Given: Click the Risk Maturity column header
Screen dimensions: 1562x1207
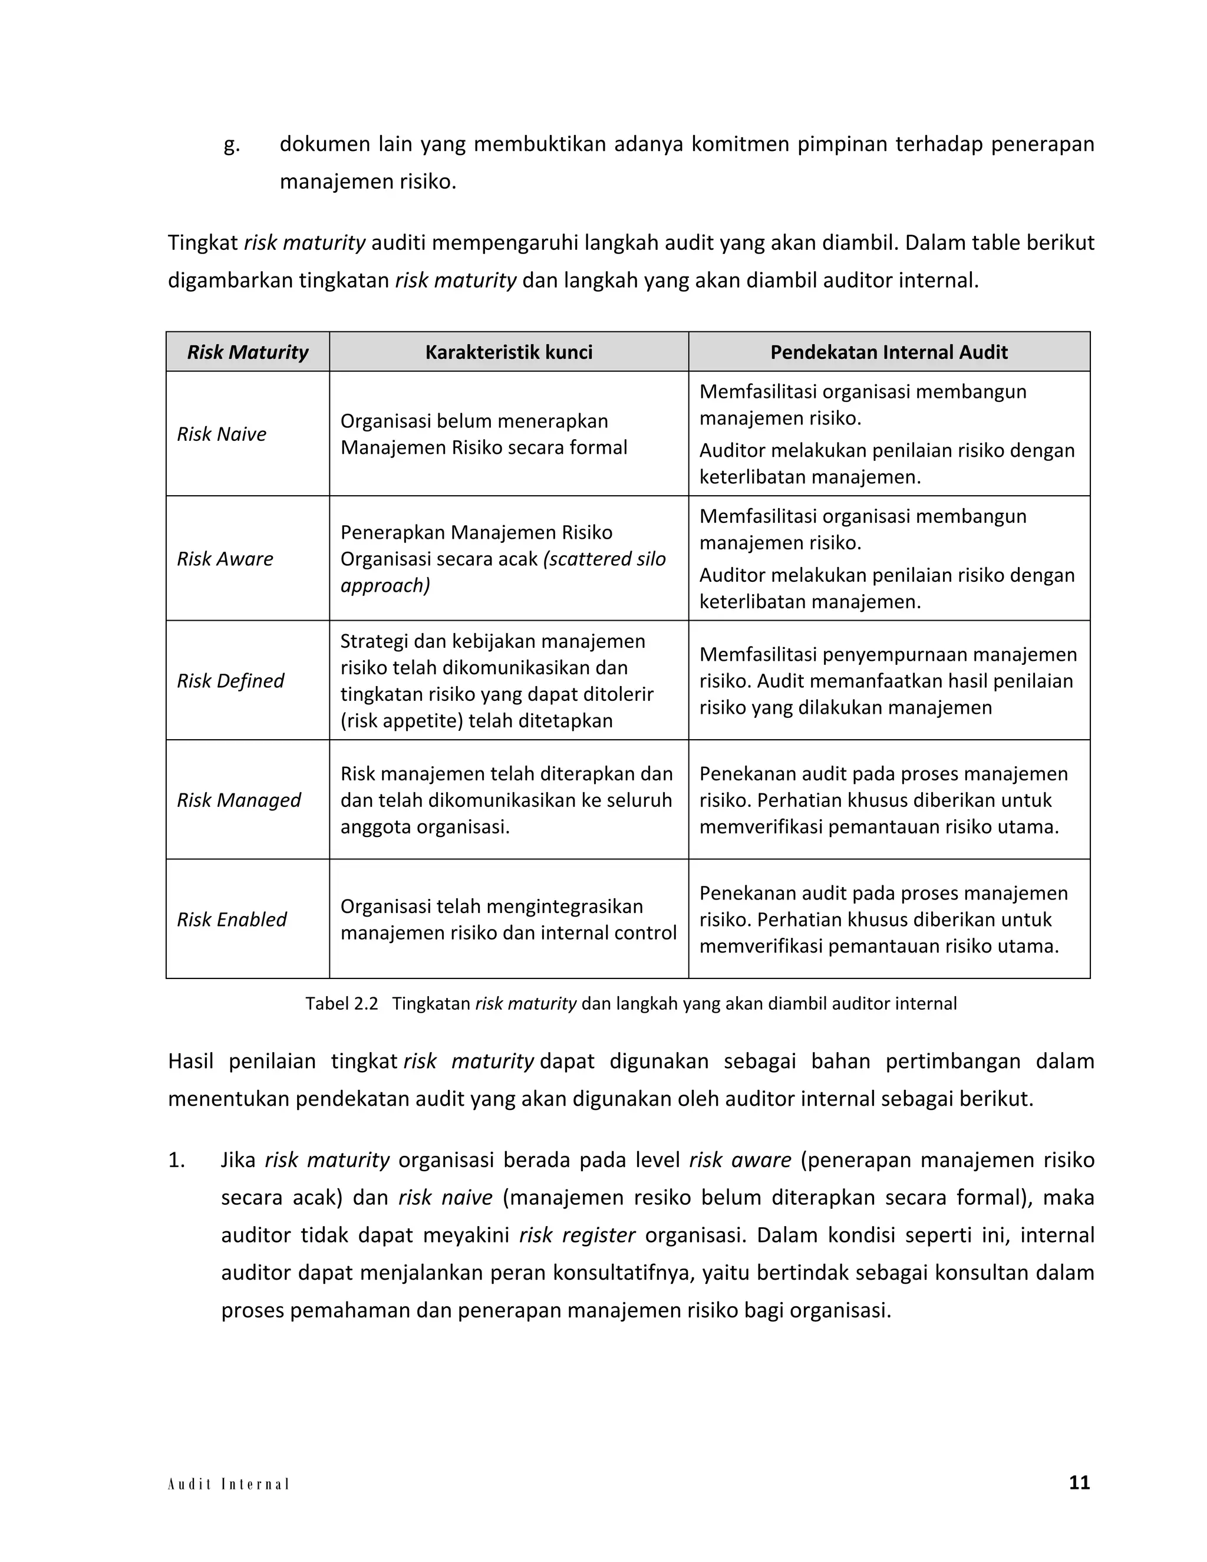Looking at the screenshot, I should pyautogui.click(x=248, y=352).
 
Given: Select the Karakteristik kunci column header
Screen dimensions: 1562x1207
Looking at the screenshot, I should pyautogui.click(x=509, y=352).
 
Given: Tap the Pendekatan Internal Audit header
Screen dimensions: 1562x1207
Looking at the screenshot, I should pyautogui.click(x=889, y=352).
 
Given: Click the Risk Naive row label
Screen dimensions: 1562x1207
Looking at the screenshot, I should pyautogui.click(x=222, y=434).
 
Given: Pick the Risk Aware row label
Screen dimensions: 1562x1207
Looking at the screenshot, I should pyautogui.click(x=225, y=559).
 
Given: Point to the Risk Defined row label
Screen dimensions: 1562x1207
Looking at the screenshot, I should pyautogui.click(x=230, y=681).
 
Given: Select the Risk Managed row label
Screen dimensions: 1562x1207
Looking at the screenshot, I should pyautogui.click(x=239, y=800).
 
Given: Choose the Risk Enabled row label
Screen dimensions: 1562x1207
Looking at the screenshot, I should pyautogui.click(x=232, y=919).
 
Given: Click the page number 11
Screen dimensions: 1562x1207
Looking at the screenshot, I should pyautogui.click(x=1079, y=1482).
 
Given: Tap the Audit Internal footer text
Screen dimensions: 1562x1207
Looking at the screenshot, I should pyautogui.click(x=228, y=1484).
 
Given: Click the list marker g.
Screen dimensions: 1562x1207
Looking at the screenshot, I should pyautogui.click(x=232, y=145).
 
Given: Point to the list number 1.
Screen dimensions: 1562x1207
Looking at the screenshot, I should pyautogui.click(x=177, y=1160).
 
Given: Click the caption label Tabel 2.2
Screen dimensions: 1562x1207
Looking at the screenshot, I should pyautogui.click(x=341, y=1003).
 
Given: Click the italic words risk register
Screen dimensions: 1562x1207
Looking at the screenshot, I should pyautogui.click(x=577, y=1235).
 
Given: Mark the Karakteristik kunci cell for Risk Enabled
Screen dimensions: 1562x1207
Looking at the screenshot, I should pyautogui.click(x=509, y=919).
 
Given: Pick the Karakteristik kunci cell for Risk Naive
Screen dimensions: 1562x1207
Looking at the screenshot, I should pyautogui.click(x=483, y=434).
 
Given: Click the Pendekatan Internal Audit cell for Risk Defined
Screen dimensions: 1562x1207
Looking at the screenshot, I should pyautogui.click(x=888, y=681).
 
